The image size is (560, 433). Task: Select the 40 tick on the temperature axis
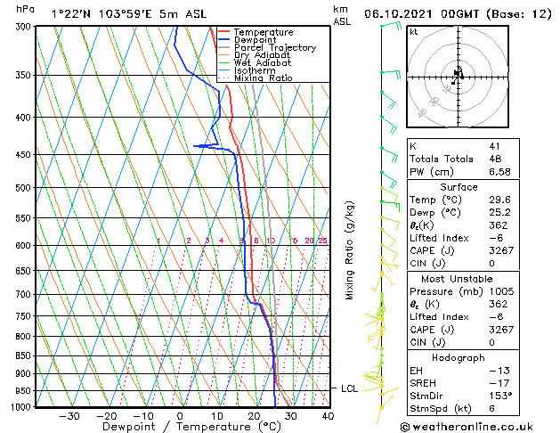coord(327,415)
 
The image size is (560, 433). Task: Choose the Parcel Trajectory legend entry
coord(274,48)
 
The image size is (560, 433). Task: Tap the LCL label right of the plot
coord(349,388)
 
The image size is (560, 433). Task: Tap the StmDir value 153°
coord(500,396)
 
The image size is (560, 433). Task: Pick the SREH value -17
coord(498,382)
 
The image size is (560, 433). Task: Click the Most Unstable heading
coord(459,278)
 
